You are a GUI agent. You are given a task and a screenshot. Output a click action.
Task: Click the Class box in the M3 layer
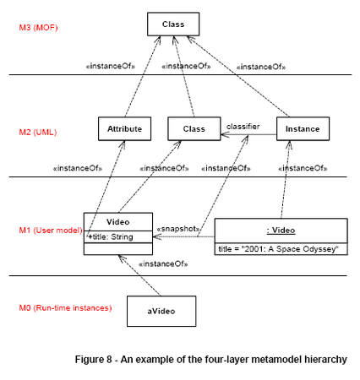(x=173, y=24)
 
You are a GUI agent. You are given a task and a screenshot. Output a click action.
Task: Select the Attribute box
(x=124, y=129)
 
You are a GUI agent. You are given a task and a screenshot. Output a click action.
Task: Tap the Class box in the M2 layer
(x=194, y=129)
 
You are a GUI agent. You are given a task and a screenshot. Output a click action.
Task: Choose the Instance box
(x=303, y=129)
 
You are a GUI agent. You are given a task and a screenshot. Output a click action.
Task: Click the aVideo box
(x=161, y=311)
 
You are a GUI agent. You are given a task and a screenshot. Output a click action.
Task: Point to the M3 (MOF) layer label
(x=38, y=28)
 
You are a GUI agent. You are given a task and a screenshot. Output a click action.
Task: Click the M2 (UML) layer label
(x=38, y=132)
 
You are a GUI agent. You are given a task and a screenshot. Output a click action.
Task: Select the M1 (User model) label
(x=51, y=231)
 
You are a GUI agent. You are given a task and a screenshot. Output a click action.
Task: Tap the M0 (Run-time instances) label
(x=65, y=307)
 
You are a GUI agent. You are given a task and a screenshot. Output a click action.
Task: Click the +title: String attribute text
(x=110, y=237)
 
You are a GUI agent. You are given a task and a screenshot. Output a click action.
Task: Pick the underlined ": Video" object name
(x=281, y=231)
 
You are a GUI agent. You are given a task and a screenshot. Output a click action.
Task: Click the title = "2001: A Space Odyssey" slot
(x=278, y=249)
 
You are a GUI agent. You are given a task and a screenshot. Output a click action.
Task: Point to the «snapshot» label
(x=178, y=229)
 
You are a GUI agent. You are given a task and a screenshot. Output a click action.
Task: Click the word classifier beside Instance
(x=243, y=127)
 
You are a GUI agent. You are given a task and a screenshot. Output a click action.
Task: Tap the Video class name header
(x=118, y=222)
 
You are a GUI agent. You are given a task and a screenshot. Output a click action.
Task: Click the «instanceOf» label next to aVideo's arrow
(x=163, y=264)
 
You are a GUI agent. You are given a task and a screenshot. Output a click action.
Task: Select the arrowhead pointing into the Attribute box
(x=123, y=144)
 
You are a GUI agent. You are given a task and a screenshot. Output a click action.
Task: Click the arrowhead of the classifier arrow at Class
(x=225, y=134)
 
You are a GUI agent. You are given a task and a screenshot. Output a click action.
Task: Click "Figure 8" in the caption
(x=93, y=360)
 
